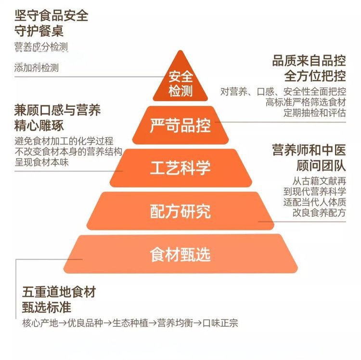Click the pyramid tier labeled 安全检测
(x=180, y=83)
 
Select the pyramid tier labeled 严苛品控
(x=180, y=126)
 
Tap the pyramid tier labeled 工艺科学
(x=180, y=168)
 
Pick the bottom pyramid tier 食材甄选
(x=180, y=254)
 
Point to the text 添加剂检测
(x=37, y=68)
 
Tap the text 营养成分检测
(x=41, y=47)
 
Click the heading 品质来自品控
(x=309, y=61)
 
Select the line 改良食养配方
(x=319, y=213)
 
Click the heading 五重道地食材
(x=59, y=292)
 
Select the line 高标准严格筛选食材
(x=306, y=102)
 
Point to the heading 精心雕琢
(x=45, y=126)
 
